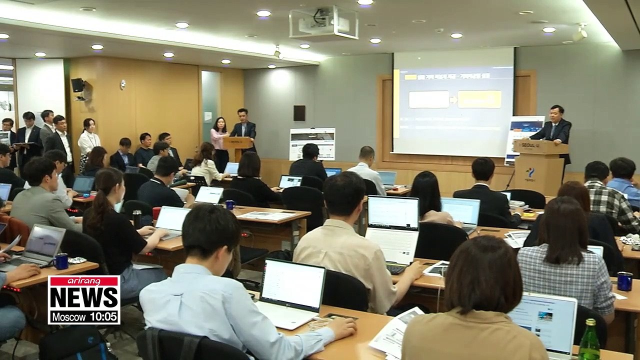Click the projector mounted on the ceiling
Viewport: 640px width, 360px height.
pos(323,23)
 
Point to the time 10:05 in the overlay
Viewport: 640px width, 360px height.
pos(103,316)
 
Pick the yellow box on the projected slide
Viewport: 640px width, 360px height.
pos(479,99)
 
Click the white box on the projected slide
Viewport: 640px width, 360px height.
pos(428,99)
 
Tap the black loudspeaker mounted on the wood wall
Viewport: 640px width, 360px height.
pos(77,85)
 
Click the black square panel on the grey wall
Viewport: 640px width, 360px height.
pos(299,113)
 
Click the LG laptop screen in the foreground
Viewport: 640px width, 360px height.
pos(292,285)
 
